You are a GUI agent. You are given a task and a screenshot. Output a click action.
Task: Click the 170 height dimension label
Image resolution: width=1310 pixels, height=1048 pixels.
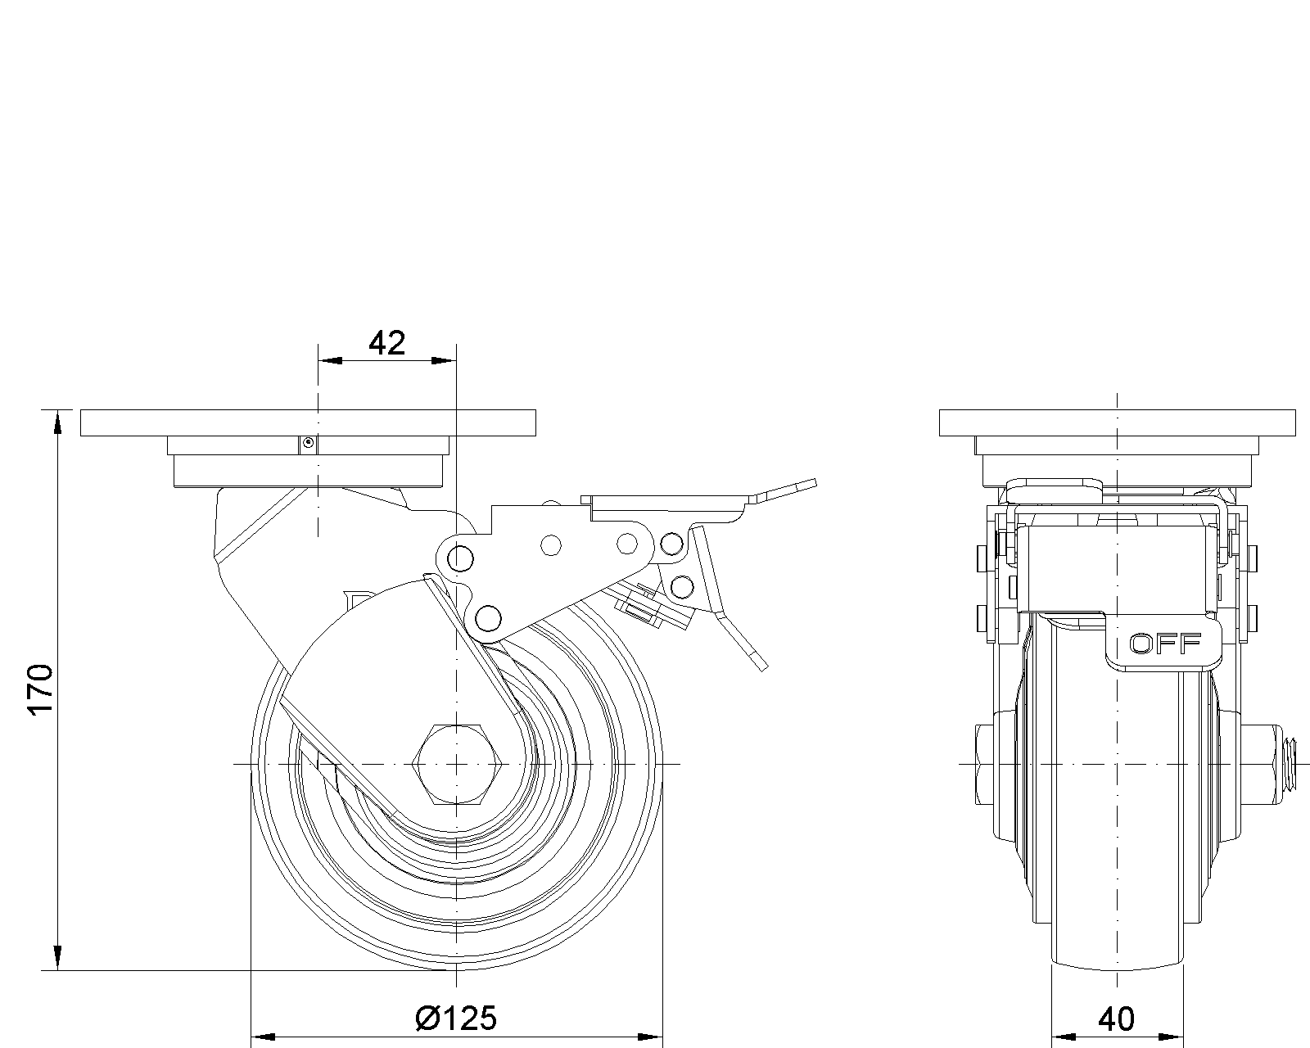[41, 689]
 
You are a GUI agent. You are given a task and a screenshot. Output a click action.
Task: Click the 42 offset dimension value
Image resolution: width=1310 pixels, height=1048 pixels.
[386, 343]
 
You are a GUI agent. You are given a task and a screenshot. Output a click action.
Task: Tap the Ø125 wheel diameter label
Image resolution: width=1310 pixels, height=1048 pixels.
[457, 1019]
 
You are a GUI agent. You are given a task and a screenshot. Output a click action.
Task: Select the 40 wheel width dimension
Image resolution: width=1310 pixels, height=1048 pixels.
[1117, 1019]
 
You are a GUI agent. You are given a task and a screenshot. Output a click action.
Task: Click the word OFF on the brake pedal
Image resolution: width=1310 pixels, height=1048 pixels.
[1165, 643]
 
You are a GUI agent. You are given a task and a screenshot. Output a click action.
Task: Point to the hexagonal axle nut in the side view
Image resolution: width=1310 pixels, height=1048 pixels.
[457, 764]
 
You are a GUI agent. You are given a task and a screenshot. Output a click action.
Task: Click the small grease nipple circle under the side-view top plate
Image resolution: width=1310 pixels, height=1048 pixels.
[309, 443]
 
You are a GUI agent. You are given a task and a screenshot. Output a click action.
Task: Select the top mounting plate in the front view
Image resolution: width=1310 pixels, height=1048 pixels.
[1117, 422]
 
